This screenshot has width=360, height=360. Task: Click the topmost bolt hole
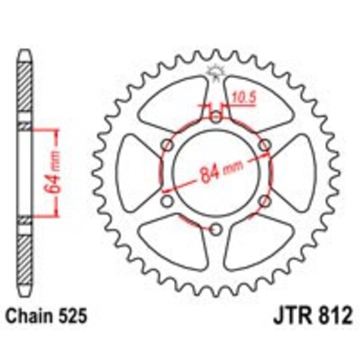[215, 118]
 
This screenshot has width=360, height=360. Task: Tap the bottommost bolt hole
[215, 231]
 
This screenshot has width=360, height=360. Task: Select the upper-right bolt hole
[264, 146]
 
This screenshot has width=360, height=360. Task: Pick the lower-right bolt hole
[264, 202]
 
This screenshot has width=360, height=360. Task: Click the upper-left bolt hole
[167, 146]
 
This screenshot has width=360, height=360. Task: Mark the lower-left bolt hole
[167, 202]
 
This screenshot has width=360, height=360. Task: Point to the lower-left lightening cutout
[175, 243]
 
